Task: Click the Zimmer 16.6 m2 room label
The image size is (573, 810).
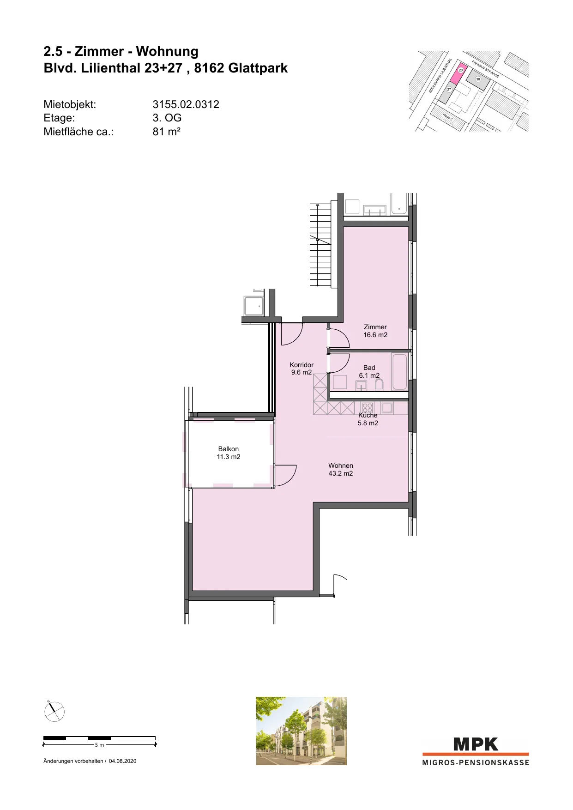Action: click(375, 331)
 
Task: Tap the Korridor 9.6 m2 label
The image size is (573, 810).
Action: click(302, 369)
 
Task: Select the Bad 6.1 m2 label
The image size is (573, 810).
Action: click(369, 371)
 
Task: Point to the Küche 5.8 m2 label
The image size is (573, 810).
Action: click(368, 419)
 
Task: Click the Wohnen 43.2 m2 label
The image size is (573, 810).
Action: click(341, 469)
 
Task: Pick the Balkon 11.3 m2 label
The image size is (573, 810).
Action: click(229, 453)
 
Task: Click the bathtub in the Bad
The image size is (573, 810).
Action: click(399, 372)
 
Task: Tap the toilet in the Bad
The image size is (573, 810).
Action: click(379, 385)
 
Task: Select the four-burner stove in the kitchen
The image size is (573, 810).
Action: click(367, 408)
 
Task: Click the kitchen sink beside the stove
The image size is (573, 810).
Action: click(386, 408)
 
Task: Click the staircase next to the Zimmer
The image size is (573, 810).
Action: click(321, 245)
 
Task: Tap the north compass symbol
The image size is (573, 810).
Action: click(54, 711)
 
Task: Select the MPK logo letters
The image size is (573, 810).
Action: click(476, 744)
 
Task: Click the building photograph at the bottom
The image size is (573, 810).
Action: click(302, 731)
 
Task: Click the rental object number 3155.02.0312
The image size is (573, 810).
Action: click(186, 104)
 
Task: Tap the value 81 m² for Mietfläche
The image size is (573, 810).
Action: click(167, 132)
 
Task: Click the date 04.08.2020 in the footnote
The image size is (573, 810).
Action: click(122, 761)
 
